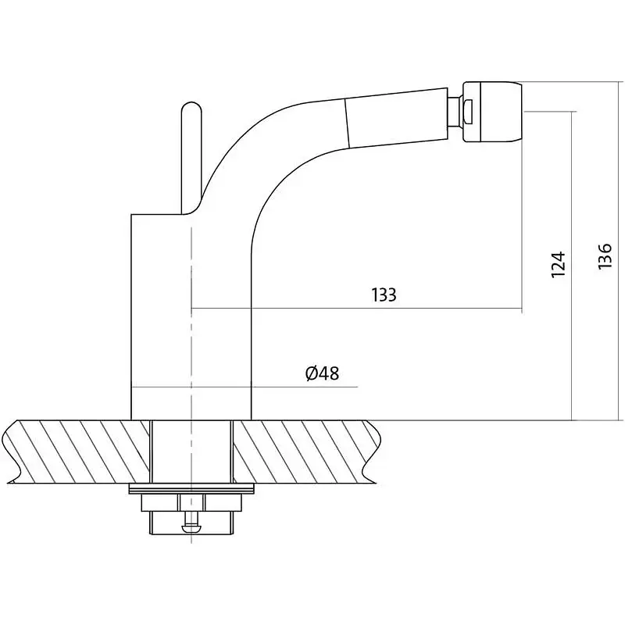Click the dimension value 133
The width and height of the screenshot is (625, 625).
[384, 295]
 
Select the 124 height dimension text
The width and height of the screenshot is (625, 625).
[558, 265]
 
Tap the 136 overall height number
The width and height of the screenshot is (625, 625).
[605, 256]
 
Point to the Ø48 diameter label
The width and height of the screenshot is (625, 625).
[322, 373]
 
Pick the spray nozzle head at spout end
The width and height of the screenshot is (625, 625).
[492, 112]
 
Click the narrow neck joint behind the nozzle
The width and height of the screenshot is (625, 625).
[455, 112]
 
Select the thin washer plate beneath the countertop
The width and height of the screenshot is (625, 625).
[191, 489]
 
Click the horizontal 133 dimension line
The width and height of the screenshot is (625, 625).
[357, 308]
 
